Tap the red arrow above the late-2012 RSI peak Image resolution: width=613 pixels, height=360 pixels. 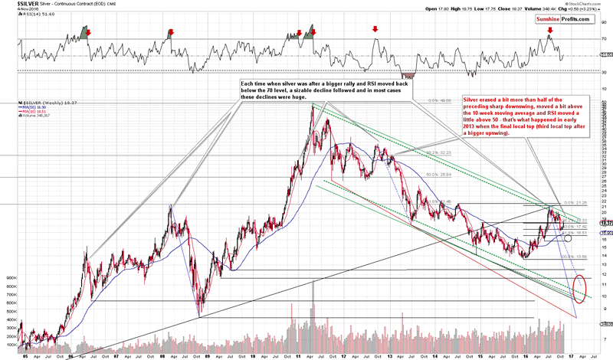point(375,29)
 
